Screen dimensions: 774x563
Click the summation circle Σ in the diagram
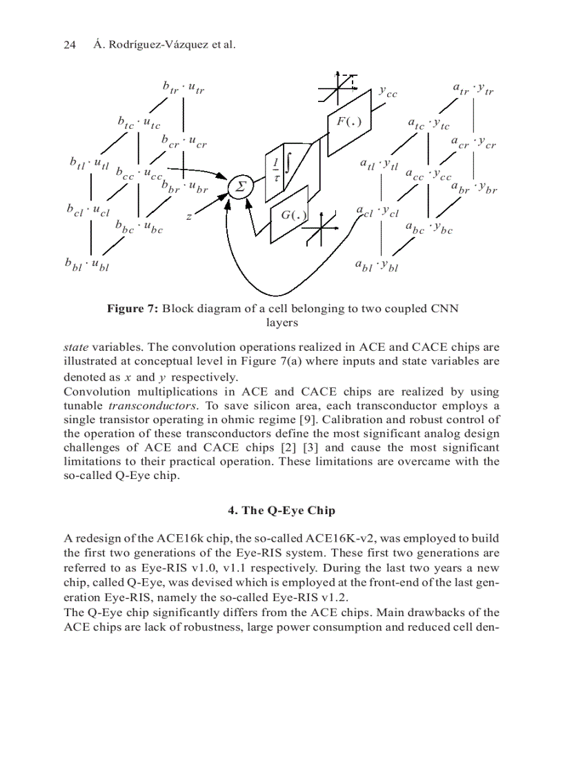pyautogui.click(x=240, y=187)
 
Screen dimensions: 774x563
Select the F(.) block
pyautogui.click(x=348, y=122)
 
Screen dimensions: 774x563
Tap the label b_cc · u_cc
pyautogui.click(x=139, y=174)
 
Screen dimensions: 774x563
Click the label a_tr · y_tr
pyautogui.click(x=473, y=89)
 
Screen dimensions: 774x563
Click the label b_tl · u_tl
pyautogui.click(x=90, y=165)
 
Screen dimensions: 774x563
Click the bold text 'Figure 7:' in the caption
pyautogui.click(x=132, y=308)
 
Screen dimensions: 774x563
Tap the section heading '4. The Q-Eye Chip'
pyautogui.click(x=281, y=510)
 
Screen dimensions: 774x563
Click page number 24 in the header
pyautogui.click(x=69, y=45)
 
